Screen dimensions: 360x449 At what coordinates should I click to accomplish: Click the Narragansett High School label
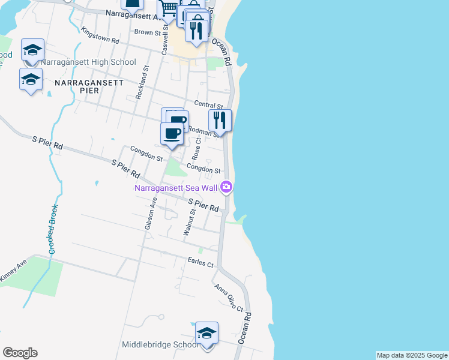point(89,62)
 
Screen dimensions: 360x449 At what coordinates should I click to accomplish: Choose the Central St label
point(208,106)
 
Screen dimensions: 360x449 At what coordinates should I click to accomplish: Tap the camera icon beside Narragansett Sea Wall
point(226,187)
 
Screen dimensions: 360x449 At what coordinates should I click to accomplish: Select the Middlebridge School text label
point(160,344)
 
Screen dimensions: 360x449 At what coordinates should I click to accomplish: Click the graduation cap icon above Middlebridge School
point(206,333)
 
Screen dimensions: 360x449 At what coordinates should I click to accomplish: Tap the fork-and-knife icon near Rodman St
point(220,121)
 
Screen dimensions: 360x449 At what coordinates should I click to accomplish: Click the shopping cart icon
point(169,8)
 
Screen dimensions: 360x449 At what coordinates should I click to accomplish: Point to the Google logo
point(20,353)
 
